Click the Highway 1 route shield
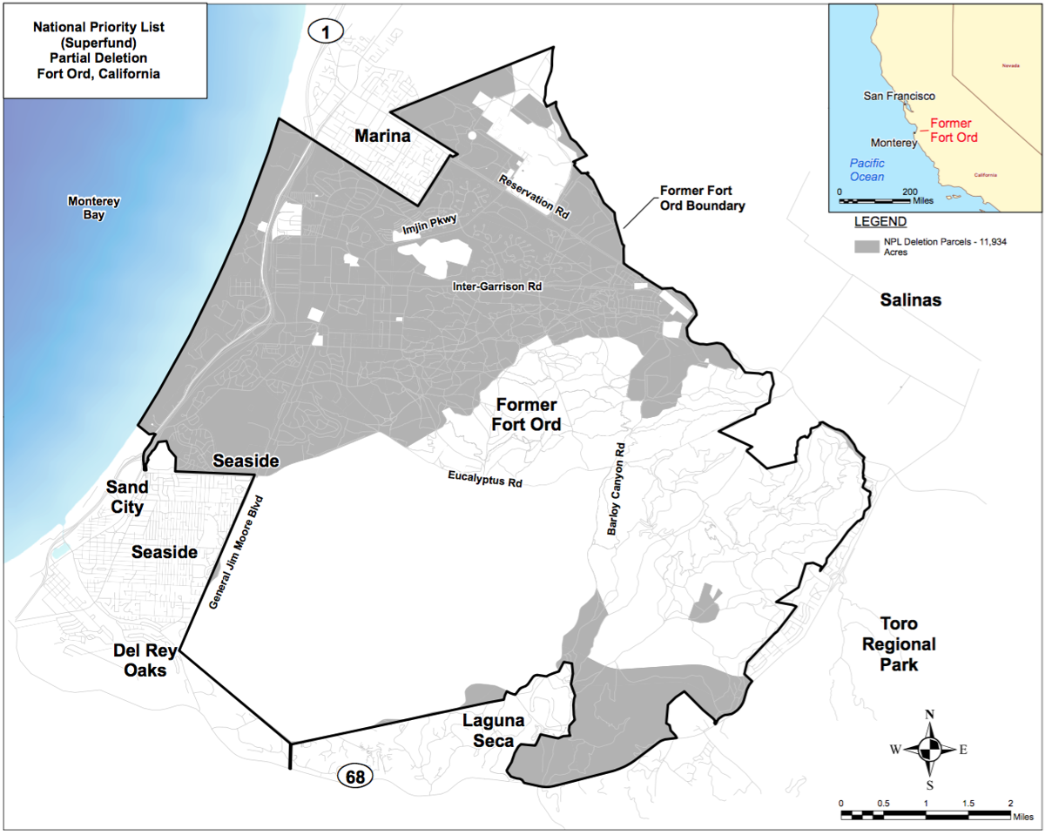point(327,31)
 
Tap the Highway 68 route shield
point(354,777)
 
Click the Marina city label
point(381,136)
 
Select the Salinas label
point(912,300)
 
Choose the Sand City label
point(127,496)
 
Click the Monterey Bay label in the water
point(94,207)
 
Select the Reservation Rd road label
point(534,196)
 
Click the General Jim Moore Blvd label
point(237,551)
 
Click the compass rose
point(930,748)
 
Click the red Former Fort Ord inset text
point(954,131)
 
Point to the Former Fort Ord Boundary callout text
point(702,198)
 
